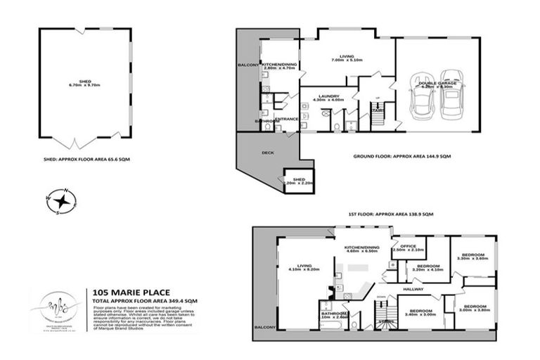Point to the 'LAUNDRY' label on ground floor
[x=329, y=96]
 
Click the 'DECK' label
[x=268, y=152]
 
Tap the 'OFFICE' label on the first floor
[x=409, y=247]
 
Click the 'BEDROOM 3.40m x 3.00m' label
[x=420, y=314]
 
